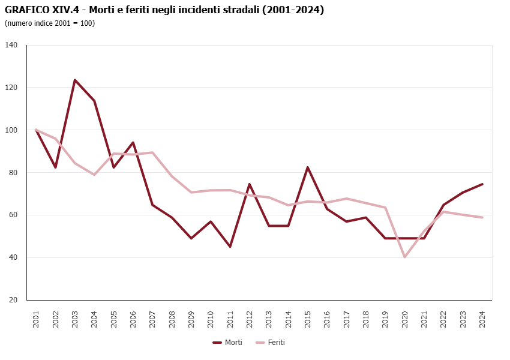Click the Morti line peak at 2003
[75, 80]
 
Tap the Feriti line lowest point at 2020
[405, 257]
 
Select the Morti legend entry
[228, 343]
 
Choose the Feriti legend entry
[271, 343]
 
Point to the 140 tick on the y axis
[12, 45]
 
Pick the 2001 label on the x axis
[36, 319]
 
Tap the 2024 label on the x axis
[482, 319]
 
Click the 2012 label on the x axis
[250, 319]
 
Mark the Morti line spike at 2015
[308, 167]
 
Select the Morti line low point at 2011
[230, 247]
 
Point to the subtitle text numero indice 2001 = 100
[50, 23]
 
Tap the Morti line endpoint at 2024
[482, 184]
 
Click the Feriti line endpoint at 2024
[482, 217]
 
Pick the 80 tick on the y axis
[12, 173]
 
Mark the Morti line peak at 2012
[250, 184]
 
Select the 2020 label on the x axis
[405, 319]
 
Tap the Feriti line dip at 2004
[94, 175]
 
